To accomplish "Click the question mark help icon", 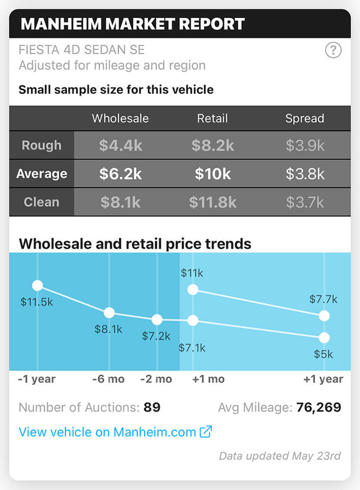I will (x=333, y=50).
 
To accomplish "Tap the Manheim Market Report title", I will (x=133, y=24).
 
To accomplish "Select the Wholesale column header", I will (x=120, y=118).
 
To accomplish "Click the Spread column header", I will (x=305, y=118).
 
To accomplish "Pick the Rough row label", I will (x=42, y=145).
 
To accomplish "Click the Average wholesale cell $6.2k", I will (x=120, y=174).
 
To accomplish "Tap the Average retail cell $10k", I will (x=213, y=174).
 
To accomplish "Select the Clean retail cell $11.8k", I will (x=213, y=202).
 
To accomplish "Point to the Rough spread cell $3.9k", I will (x=305, y=145).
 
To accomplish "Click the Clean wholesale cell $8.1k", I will (x=120, y=202).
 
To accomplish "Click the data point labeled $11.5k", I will (x=37, y=285).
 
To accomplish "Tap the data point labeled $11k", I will (x=192, y=290).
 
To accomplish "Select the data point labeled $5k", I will (x=324, y=338).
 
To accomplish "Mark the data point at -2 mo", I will (x=157, y=320).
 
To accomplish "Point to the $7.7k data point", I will (x=324, y=316).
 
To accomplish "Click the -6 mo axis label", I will (x=108, y=379).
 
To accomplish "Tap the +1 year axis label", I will (x=323, y=379).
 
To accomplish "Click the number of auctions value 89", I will (x=152, y=407).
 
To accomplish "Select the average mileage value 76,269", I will (x=318, y=407).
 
